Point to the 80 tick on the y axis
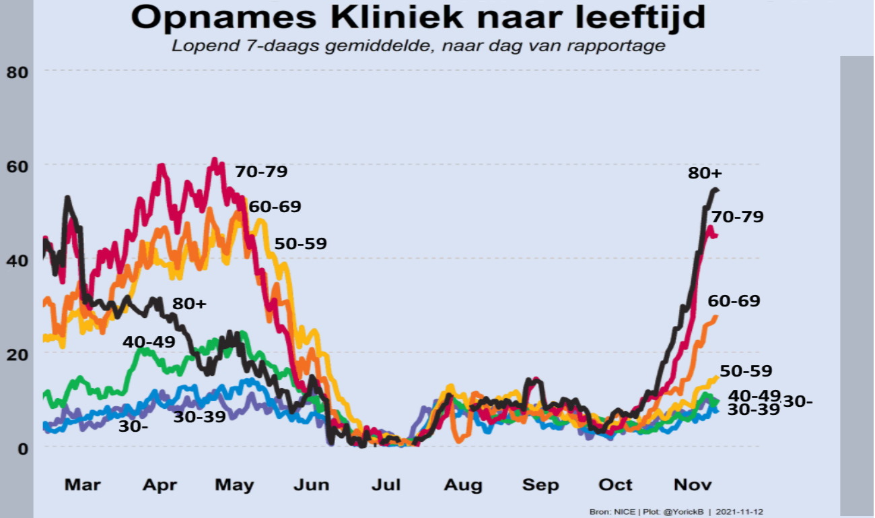17,71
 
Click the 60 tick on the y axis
17,166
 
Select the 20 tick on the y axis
17,354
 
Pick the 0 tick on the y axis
22,448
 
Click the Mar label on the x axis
83,484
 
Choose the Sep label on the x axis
541,484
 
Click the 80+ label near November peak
705,173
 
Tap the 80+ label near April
190,304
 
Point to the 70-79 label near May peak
261,172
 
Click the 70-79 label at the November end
737,217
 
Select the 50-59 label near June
300,244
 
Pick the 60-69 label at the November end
734,301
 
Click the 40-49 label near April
149,342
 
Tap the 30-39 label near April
200,417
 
